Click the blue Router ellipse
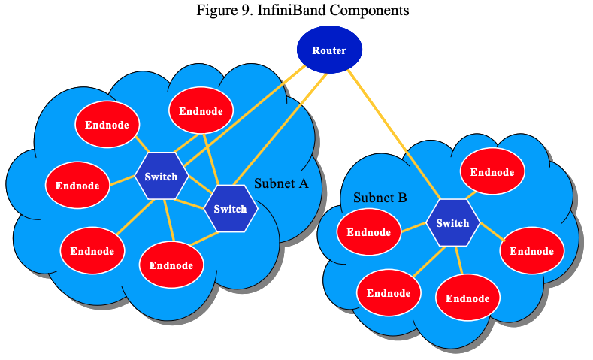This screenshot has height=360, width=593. point(329,51)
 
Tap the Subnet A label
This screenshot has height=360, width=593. point(282,183)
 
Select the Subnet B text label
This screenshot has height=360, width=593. point(380,198)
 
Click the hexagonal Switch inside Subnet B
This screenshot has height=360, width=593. point(452,223)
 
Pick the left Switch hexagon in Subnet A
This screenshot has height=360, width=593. point(161,177)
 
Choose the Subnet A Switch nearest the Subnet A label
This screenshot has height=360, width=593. point(230,209)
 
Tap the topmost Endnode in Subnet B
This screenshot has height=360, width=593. point(492,172)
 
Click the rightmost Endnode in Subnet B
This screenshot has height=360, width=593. point(531,250)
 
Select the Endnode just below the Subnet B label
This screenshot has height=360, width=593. point(368,232)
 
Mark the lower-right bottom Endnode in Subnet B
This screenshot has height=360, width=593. point(467,298)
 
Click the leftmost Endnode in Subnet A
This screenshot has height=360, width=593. point(77,185)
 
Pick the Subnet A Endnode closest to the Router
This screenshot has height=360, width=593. point(201,111)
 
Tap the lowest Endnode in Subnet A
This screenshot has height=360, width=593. point(171,265)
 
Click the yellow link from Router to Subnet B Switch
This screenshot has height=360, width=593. point(395,136)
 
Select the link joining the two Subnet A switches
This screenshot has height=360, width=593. point(196,193)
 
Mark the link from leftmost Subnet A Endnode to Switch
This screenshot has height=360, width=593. point(122,180)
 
